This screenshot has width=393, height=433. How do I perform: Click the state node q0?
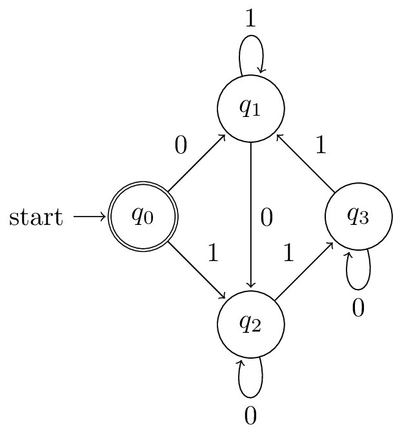(142, 216)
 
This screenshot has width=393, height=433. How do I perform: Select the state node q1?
(250, 108)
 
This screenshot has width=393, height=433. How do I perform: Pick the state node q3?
(358, 216)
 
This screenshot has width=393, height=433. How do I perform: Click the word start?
(36, 217)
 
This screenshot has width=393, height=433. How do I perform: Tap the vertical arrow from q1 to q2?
(250, 216)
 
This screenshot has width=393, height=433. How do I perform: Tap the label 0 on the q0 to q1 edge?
(181, 146)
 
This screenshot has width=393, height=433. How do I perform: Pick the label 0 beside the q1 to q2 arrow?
(267, 218)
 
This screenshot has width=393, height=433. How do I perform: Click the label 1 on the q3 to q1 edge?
(321, 146)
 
